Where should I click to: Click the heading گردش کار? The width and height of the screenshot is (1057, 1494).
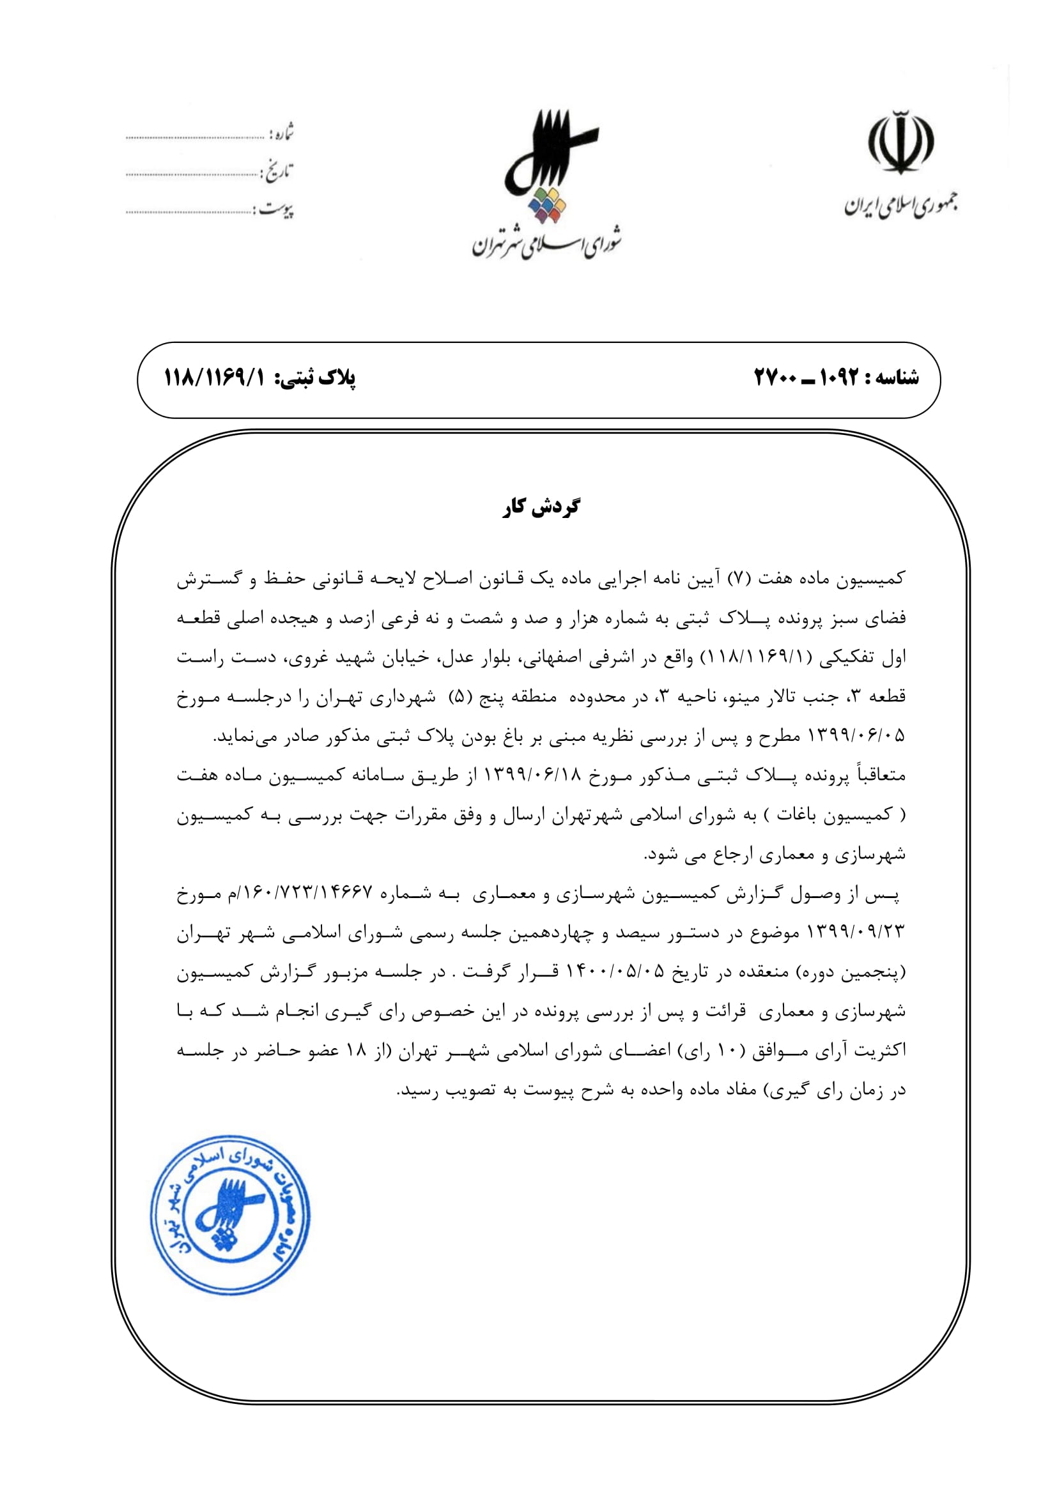tap(541, 507)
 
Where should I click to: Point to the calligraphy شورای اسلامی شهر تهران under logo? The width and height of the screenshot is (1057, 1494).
tap(547, 244)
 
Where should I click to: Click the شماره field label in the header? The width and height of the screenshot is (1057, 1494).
tap(282, 133)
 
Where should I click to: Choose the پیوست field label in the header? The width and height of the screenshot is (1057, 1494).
tap(278, 210)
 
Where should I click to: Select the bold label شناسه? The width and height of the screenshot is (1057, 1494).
tap(895, 377)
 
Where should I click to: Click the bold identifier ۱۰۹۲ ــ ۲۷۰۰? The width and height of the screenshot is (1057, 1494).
tap(806, 377)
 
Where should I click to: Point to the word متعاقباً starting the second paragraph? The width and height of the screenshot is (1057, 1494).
tap(878, 775)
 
